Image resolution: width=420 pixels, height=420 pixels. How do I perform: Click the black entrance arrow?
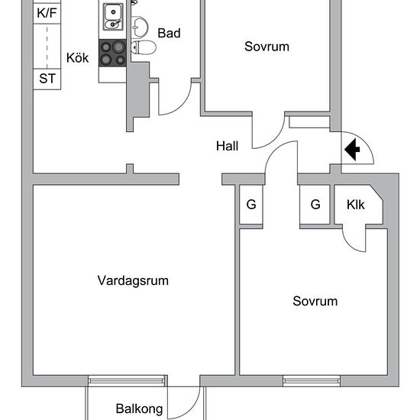click(352, 150)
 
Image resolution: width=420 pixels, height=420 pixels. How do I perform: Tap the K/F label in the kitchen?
click(47, 13)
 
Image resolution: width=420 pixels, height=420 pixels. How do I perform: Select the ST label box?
click(47, 79)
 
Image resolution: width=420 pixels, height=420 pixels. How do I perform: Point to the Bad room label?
click(169, 33)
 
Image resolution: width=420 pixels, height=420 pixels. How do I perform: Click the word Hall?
click(228, 145)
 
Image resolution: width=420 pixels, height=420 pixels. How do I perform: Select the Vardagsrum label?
click(133, 280)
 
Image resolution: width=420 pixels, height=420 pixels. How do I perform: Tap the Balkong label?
click(139, 409)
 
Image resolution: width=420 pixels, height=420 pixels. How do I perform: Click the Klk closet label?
click(356, 205)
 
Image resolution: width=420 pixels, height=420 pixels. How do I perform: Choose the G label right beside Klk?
click(315, 205)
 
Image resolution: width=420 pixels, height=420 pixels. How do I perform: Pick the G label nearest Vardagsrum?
click(250, 205)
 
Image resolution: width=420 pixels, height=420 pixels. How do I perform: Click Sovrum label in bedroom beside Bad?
click(267, 47)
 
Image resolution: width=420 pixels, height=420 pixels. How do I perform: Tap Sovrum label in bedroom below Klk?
click(315, 301)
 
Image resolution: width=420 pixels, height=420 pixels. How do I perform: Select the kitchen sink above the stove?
click(113, 13)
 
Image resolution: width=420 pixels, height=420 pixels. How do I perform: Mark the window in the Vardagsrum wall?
click(127, 380)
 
